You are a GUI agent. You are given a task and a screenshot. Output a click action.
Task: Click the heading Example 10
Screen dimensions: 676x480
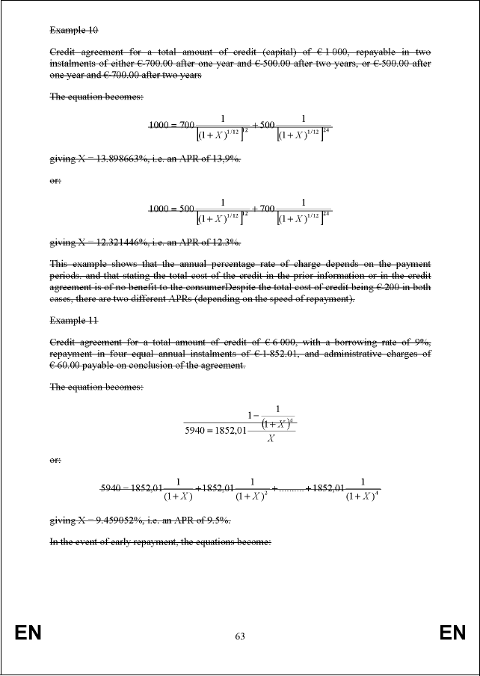pyautogui.click(x=73, y=31)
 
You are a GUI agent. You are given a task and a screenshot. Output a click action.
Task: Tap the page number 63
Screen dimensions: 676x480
pyautogui.click(x=240, y=636)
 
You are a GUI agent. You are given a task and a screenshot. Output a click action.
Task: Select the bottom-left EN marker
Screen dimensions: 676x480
pyautogui.click(x=28, y=634)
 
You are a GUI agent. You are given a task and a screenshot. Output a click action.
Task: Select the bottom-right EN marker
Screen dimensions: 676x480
pyautogui.click(x=452, y=634)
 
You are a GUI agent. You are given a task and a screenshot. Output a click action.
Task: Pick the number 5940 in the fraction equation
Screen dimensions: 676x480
pyautogui.click(x=197, y=429)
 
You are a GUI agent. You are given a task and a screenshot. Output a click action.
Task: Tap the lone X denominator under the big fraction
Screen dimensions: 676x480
pyautogui.click(x=271, y=439)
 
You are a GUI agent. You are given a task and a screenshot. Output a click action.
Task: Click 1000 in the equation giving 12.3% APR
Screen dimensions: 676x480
pyautogui.click(x=161, y=209)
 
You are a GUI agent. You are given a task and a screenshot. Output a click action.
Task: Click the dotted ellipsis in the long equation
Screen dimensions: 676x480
pyautogui.click(x=289, y=489)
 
